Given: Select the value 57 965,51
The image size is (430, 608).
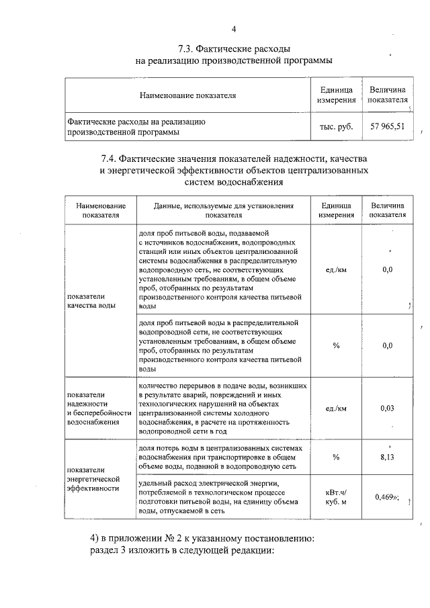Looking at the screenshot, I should point(388,126).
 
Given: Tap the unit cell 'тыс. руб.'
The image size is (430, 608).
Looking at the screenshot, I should point(336,126).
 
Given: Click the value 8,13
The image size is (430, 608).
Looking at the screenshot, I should point(387,458).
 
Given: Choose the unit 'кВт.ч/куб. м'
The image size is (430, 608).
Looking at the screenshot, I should point(336,497).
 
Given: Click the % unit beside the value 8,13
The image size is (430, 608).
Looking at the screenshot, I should point(336,458).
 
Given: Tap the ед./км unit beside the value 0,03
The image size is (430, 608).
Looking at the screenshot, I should point(336,408).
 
